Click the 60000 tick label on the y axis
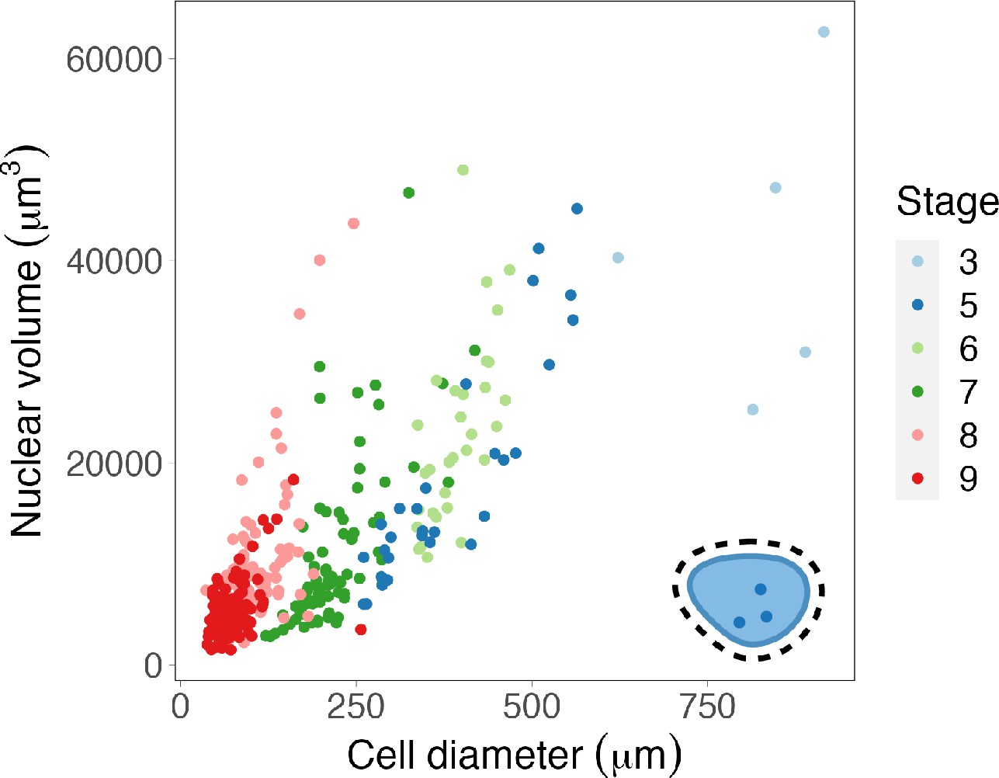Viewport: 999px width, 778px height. (x=113, y=60)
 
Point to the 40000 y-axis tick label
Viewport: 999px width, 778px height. (x=113, y=262)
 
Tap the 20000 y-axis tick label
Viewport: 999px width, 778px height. (x=113, y=464)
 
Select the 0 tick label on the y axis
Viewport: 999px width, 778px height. (x=153, y=666)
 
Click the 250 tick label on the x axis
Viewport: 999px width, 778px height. (x=356, y=707)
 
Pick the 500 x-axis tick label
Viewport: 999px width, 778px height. (x=532, y=707)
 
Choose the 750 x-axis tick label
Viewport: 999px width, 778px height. (x=707, y=707)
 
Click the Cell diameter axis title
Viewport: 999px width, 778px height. (x=514, y=754)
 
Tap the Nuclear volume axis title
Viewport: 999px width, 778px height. (x=28, y=342)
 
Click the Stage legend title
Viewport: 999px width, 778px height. (x=947, y=202)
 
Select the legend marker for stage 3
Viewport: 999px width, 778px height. (x=917, y=262)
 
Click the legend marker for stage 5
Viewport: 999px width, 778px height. (x=917, y=305)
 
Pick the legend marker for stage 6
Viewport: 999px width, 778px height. (x=917, y=349)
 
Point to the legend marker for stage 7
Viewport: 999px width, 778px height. (x=917, y=391)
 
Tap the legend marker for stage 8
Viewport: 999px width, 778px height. (x=917, y=435)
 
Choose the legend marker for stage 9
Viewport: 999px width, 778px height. (x=917, y=478)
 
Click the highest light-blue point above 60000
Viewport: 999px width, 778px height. (x=824, y=32)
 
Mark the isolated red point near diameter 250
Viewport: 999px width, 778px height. (x=360, y=630)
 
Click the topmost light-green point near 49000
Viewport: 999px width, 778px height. (x=463, y=170)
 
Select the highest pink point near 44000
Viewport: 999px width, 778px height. (x=354, y=224)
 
